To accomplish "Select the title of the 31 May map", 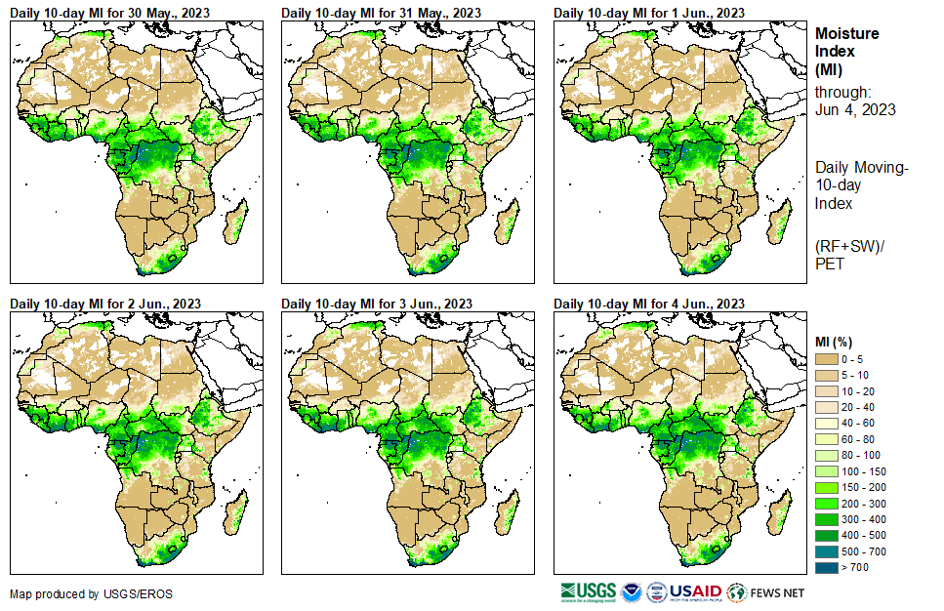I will pos(381,12).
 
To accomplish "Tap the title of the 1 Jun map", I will pos(649,12).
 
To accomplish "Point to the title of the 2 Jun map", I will pos(105,304).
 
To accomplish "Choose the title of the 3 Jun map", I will pos(377,304).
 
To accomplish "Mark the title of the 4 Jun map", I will pos(649,304).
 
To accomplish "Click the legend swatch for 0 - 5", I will pos(826,359).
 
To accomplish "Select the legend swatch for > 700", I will pos(826,567).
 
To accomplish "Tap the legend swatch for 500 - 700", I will pos(826,551).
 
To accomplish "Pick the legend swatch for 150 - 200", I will pos(826,487).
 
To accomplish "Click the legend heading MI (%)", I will pos(836,340).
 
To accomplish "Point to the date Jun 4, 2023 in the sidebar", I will pos(855,109).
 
